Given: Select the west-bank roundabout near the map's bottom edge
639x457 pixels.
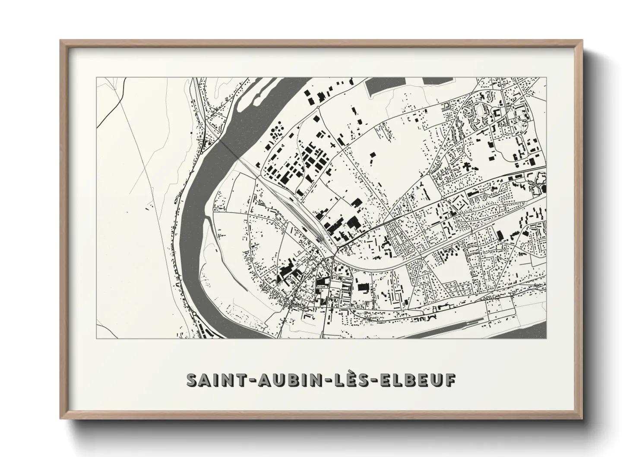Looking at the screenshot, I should pyautogui.click(x=195, y=314).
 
